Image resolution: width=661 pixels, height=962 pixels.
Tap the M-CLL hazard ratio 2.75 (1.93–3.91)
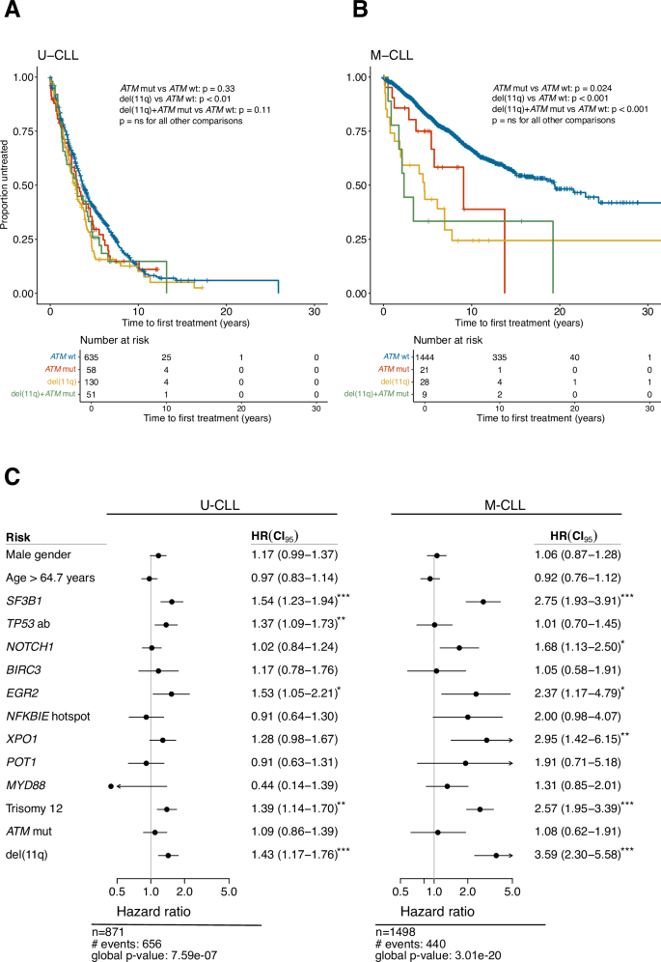579,601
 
